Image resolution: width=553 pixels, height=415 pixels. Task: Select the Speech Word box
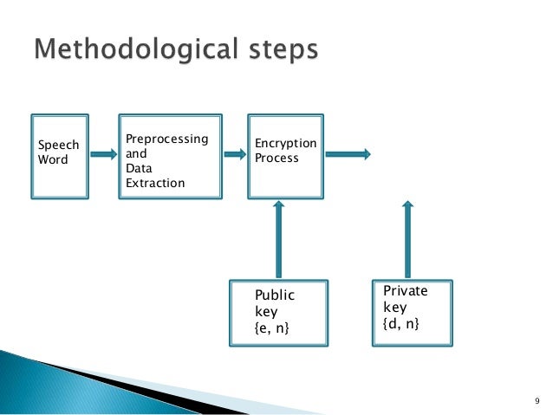tap(60, 154)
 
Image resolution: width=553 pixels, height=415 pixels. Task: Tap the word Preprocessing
tap(167, 139)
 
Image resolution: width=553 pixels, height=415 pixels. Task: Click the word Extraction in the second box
tap(155, 183)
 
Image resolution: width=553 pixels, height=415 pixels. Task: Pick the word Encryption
tap(285, 143)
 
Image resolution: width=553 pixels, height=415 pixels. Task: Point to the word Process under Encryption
tap(276, 158)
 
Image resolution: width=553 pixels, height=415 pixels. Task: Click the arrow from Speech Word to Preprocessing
tap(103, 154)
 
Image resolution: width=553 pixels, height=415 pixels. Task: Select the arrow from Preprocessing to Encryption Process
tap(233, 154)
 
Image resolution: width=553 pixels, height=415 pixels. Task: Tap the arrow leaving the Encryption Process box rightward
tap(348, 154)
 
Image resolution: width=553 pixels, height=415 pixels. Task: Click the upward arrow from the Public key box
tap(278, 238)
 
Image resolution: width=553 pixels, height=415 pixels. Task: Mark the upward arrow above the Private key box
tap(408, 238)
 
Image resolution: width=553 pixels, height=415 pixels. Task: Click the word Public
tap(275, 295)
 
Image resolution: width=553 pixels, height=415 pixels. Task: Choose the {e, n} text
tap(272, 326)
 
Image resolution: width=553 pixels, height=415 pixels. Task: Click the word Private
tap(405, 291)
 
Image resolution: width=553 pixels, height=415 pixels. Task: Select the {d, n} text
tap(401, 323)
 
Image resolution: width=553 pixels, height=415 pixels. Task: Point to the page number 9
tap(536, 400)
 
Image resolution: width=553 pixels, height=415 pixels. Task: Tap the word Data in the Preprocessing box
tap(139, 168)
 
